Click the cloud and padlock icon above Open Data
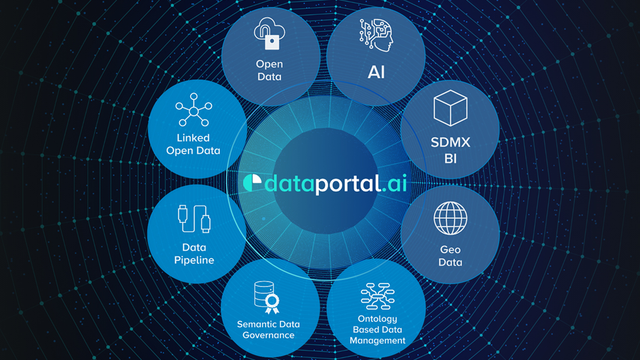[269, 33]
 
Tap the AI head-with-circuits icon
[376, 35]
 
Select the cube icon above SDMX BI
[450, 108]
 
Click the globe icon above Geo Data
[450, 218]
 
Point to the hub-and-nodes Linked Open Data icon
[193, 109]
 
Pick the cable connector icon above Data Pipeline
[194, 218]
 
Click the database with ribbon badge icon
[267, 297]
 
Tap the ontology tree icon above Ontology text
[377, 296]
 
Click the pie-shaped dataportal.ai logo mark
[252, 183]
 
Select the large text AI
[376, 72]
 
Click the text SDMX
[450, 142]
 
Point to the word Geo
[450, 250]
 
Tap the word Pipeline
[194, 260]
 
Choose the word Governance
[268, 335]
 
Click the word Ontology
[377, 319]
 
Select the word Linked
[193, 137]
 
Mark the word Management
[377, 340]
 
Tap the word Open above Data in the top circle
[269, 64]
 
